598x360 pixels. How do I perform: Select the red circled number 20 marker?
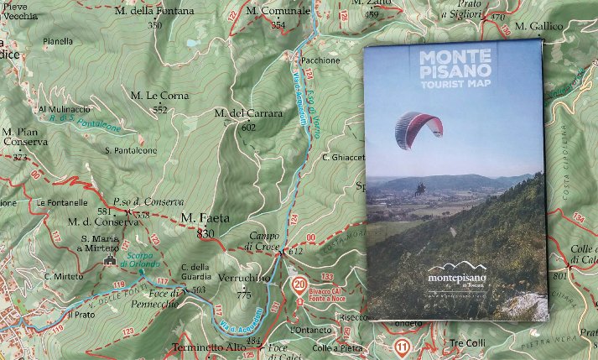[x=299, y=284]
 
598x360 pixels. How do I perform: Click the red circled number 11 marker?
[x=403, y=346]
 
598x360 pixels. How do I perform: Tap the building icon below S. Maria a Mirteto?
[x=108, y=261]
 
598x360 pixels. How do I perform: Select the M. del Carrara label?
[x=234, y=112]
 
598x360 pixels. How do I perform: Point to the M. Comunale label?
[x=273, y=12]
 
